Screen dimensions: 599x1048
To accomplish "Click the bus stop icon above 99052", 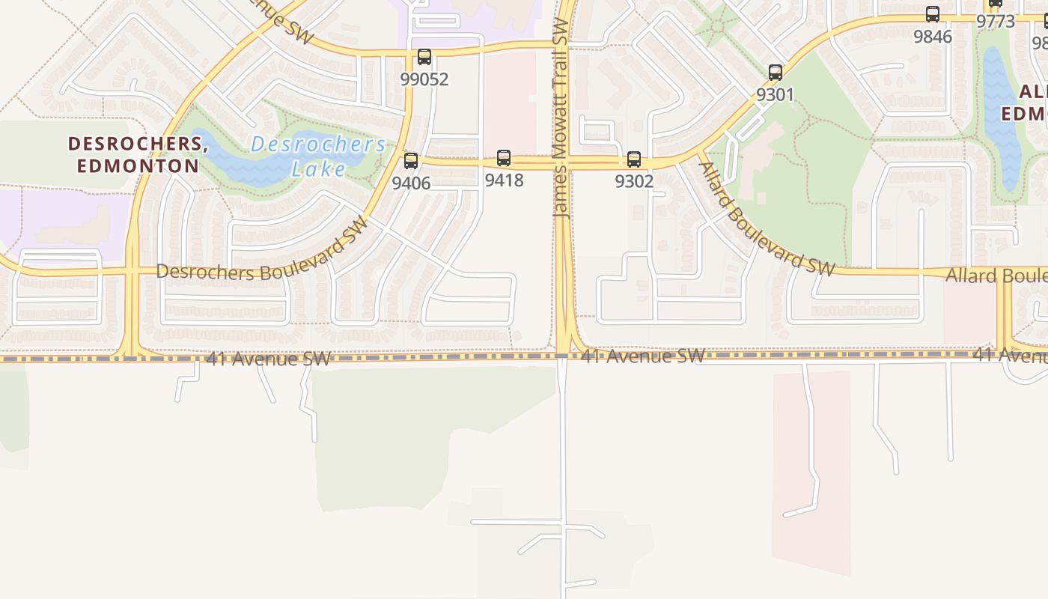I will [424, 56].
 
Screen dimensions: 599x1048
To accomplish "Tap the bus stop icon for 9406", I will [411, 160].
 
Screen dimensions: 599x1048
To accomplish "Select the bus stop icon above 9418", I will [504, 158].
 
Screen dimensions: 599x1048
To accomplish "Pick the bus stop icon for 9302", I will [634, 159].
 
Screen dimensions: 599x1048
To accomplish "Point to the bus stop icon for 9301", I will [776, 73].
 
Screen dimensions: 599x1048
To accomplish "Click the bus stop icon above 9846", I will [933, 13].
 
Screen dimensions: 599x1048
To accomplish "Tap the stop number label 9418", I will [504, 180].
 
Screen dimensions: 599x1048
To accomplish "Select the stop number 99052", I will [424, 79].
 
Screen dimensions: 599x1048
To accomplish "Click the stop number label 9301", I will [775, 95].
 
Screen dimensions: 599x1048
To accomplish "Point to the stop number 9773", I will [996, 21].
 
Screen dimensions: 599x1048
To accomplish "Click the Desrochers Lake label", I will [318, 156].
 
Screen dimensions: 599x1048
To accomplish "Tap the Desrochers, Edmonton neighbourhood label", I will [138, 154].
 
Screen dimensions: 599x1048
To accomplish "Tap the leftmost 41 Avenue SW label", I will [268, 359].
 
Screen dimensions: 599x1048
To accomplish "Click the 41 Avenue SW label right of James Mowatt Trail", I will [643, 356].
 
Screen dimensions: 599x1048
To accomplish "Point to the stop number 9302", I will [634, 181].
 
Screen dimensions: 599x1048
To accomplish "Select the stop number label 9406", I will [411, 183].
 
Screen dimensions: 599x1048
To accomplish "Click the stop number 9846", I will [933, 36].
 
